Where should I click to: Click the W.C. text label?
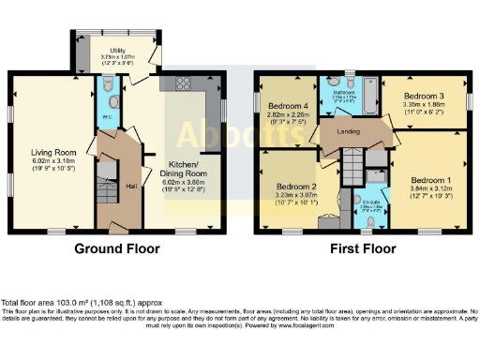click(104, 117)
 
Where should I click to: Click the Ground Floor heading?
click(118, 249)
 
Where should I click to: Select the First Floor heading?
click(362, 249)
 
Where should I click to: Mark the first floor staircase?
click(350, 173)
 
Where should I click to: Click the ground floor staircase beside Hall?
click(107, 192)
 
